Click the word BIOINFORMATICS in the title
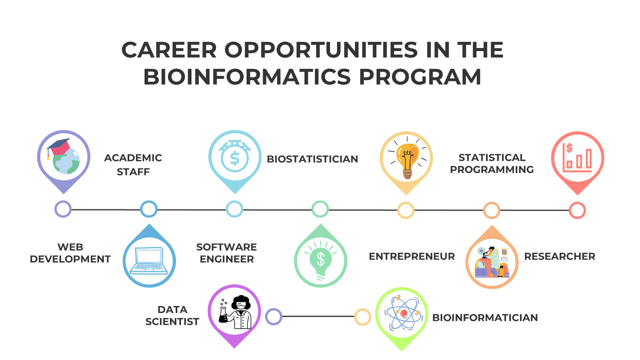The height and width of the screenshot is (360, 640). (x=247, y=77)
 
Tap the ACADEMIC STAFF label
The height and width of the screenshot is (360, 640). (x=133, y=165)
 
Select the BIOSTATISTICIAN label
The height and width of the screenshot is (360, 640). (x=312, y=159)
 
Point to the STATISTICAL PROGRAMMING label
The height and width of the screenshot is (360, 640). (x=492, y=163)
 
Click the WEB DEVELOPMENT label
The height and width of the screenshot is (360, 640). (x=70, y=253)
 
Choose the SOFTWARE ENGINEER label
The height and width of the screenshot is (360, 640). (x=227, y=253)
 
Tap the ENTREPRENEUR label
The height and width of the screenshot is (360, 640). (x=412, y=256)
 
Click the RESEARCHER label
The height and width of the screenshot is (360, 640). (x=560, y=256)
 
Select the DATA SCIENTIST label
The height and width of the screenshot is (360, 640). (x=172, y=315)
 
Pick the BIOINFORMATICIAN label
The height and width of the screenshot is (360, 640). (x=485, y=318)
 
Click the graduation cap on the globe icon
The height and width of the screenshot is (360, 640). (x=59, y=147)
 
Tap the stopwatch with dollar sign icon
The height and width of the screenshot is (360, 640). (x=235, y=156)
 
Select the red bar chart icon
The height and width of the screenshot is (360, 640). (x=577, y=158)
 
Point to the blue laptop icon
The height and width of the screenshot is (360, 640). (x=149, y=261)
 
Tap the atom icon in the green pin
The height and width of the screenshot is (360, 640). (x=404, y=313)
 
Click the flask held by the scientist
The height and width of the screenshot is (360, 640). (x=223, y=315)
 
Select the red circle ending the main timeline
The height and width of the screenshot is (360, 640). (x=577, y=210)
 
